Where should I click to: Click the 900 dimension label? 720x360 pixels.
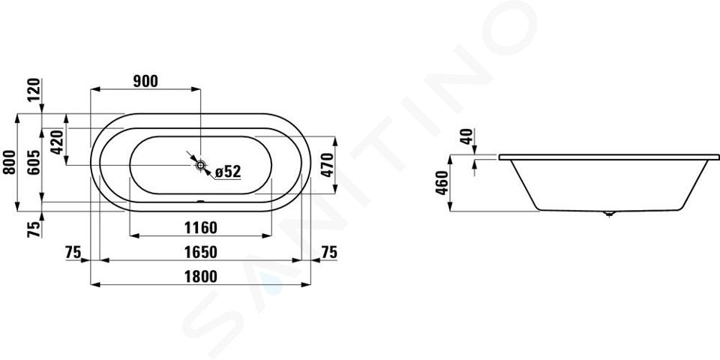(145, 81)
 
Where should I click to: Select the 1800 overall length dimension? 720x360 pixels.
(201, 277)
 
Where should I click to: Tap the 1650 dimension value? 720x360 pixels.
(201, 252)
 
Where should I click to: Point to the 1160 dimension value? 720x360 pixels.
(201, 227)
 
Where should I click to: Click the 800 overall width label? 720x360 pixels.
(10, 162)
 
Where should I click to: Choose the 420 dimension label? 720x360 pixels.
(57, 142)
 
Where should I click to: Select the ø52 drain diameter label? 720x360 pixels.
(228, 172)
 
